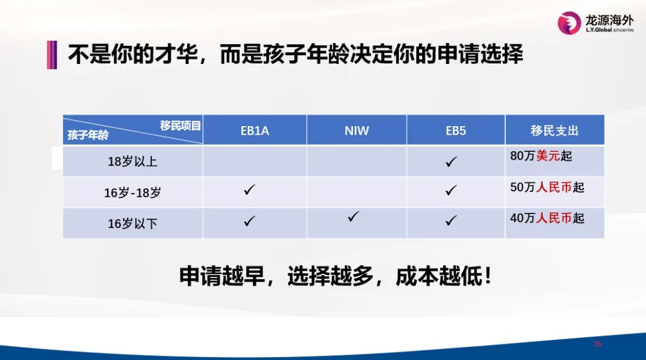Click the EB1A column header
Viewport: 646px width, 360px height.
pyautogui.click(x=255, y=130)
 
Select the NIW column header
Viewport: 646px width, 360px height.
pyautogui.click(x=356, y=130)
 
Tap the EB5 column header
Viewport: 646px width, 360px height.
pyautogui.click(x=456, y=130)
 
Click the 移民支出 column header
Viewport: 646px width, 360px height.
pyautogui.click(x=554, y=130)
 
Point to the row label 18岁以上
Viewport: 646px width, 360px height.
pyautogui.click(x=133, y=161)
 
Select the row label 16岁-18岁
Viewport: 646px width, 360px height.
pyautogui.click(x=133, y=193)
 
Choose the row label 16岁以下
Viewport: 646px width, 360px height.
pyautogui.click(x=133, y=223)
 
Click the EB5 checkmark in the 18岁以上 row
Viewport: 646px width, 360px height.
pyautogui.click(x=451, y=161)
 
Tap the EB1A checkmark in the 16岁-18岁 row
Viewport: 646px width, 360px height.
pyautogui.click(x=249, y=190)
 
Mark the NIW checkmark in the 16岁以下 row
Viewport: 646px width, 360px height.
pyautogui.click(x=353, y=216)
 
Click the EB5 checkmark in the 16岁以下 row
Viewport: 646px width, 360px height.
pyautogui.click(x=451, y=221)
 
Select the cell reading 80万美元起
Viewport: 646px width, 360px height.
pyautogui.click(x=541, y=155)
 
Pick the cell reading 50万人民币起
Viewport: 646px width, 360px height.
pyautogui.click(x=547, y=187)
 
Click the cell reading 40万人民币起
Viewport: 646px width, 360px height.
pyautogui.click(x=547, y=218)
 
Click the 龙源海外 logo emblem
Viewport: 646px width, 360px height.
pyautogui.click(x=569, y=23)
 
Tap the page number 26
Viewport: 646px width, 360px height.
pyautogui.click(x=598, y=344)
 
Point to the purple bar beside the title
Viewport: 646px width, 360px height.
pyautogui.click(x=52, y=55)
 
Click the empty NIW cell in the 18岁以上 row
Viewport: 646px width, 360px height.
pyautogui.click(x=356, y=161)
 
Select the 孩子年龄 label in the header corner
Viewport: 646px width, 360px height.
pyautogui.click(x=88, y=135)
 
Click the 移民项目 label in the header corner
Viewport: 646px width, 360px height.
pyautogui.click(x=181, y=125)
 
